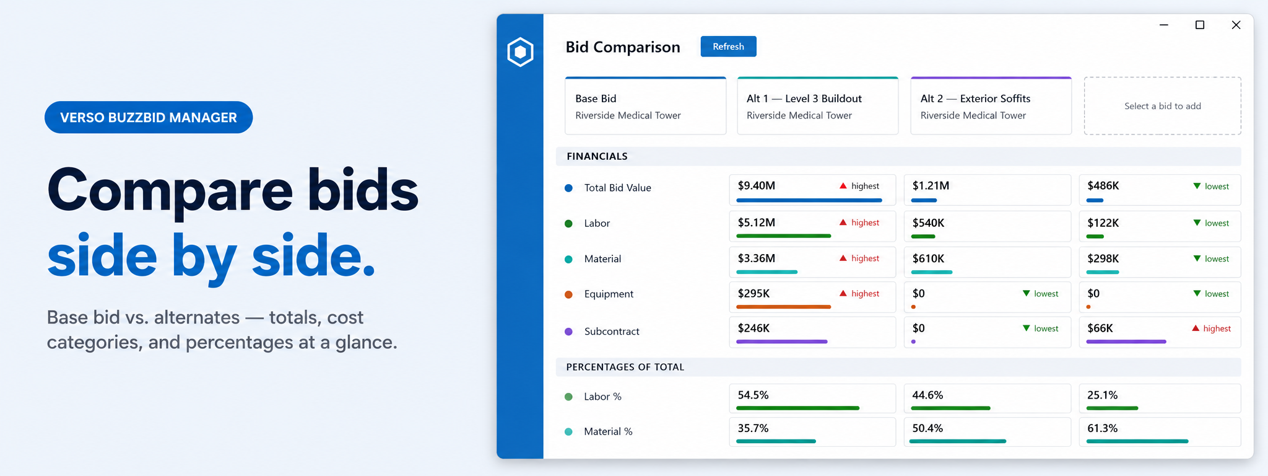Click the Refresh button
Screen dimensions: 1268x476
click(728, 46)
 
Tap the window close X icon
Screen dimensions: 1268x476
click(1236, 25)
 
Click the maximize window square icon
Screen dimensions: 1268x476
click(1199, 25)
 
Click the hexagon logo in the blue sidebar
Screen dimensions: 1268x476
click(520, 52)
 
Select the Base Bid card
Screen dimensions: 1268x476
click(645, 106)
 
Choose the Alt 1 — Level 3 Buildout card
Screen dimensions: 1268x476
click(817, 106)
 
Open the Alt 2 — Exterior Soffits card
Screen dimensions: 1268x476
click(991, 106)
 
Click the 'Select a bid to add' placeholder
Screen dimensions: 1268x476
click(1162, 106)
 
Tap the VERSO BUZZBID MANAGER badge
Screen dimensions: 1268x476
click(149, 117)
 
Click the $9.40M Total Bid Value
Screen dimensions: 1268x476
click(756, 186)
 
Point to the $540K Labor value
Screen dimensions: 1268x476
click(928, 223)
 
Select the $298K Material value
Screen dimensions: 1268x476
click(1103, 258)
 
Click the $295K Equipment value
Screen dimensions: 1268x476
click(753, 294)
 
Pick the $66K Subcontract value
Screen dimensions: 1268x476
click(1100, 328)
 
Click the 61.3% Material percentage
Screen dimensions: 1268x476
click(1102, 429)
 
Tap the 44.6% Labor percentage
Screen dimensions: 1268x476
click(927, 395)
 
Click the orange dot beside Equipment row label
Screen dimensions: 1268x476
click(568, 294)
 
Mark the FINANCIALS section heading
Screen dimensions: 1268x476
click(597, 156)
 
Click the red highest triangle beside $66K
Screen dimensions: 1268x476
click(1196, 328)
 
